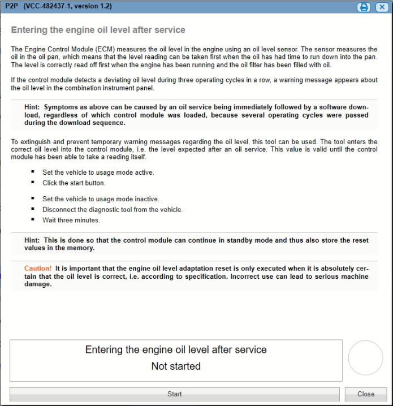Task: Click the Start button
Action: [x=175, y=394]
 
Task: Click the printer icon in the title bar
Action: [x=364, y=7]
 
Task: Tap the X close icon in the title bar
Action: [x=382, y=7]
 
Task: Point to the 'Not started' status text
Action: [x=176, y=366]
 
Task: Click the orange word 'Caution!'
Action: [x=38, y=268]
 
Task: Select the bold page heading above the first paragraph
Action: [x=98, y=29]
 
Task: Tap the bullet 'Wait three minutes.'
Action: [x=71, y=220]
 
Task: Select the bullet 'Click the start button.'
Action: [x=74, y=183]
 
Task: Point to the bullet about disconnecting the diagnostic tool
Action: [x=113, y=209]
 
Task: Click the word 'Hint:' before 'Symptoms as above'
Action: [x=32, y=107]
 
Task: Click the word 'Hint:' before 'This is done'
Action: [x=32, y=240]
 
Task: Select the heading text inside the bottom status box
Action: [x=176, y=349]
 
